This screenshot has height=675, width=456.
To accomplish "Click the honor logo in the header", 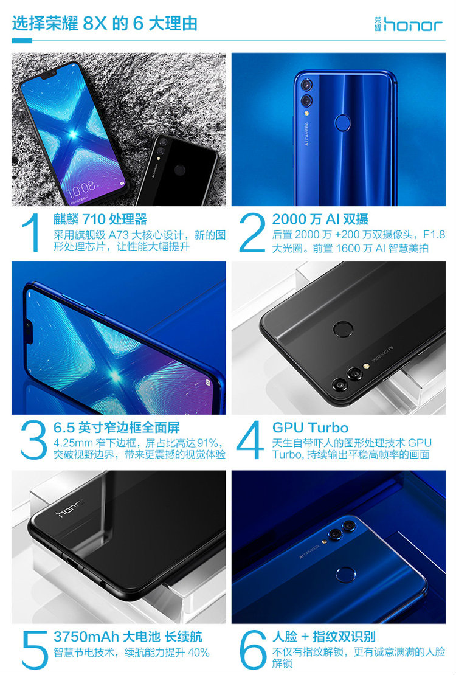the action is tap(408, 24).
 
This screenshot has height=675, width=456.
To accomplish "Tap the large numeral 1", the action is tap(32, 232).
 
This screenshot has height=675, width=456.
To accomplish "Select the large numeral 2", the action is tap(252, 232).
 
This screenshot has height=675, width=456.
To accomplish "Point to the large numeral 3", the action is tap(33, 440).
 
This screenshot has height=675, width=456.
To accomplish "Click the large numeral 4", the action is tap(250, 440).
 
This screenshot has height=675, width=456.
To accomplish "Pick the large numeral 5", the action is tap(35, 650).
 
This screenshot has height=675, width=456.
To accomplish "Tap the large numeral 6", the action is tap(253, 649).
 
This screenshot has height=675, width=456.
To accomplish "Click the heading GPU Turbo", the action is tap(310, 427).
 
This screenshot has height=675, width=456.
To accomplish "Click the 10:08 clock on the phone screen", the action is tap(81, 187).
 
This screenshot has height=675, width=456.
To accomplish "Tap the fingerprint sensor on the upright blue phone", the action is tap(343, 123).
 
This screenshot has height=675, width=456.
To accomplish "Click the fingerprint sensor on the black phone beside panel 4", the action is tap(343, 330).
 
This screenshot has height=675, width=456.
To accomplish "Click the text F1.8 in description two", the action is tap(434, 235).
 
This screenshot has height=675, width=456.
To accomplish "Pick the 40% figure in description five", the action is tap(198, 652).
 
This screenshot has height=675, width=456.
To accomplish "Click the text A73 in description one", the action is tap(119, 235).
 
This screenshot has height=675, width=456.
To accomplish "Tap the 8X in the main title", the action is tap(94, 23).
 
